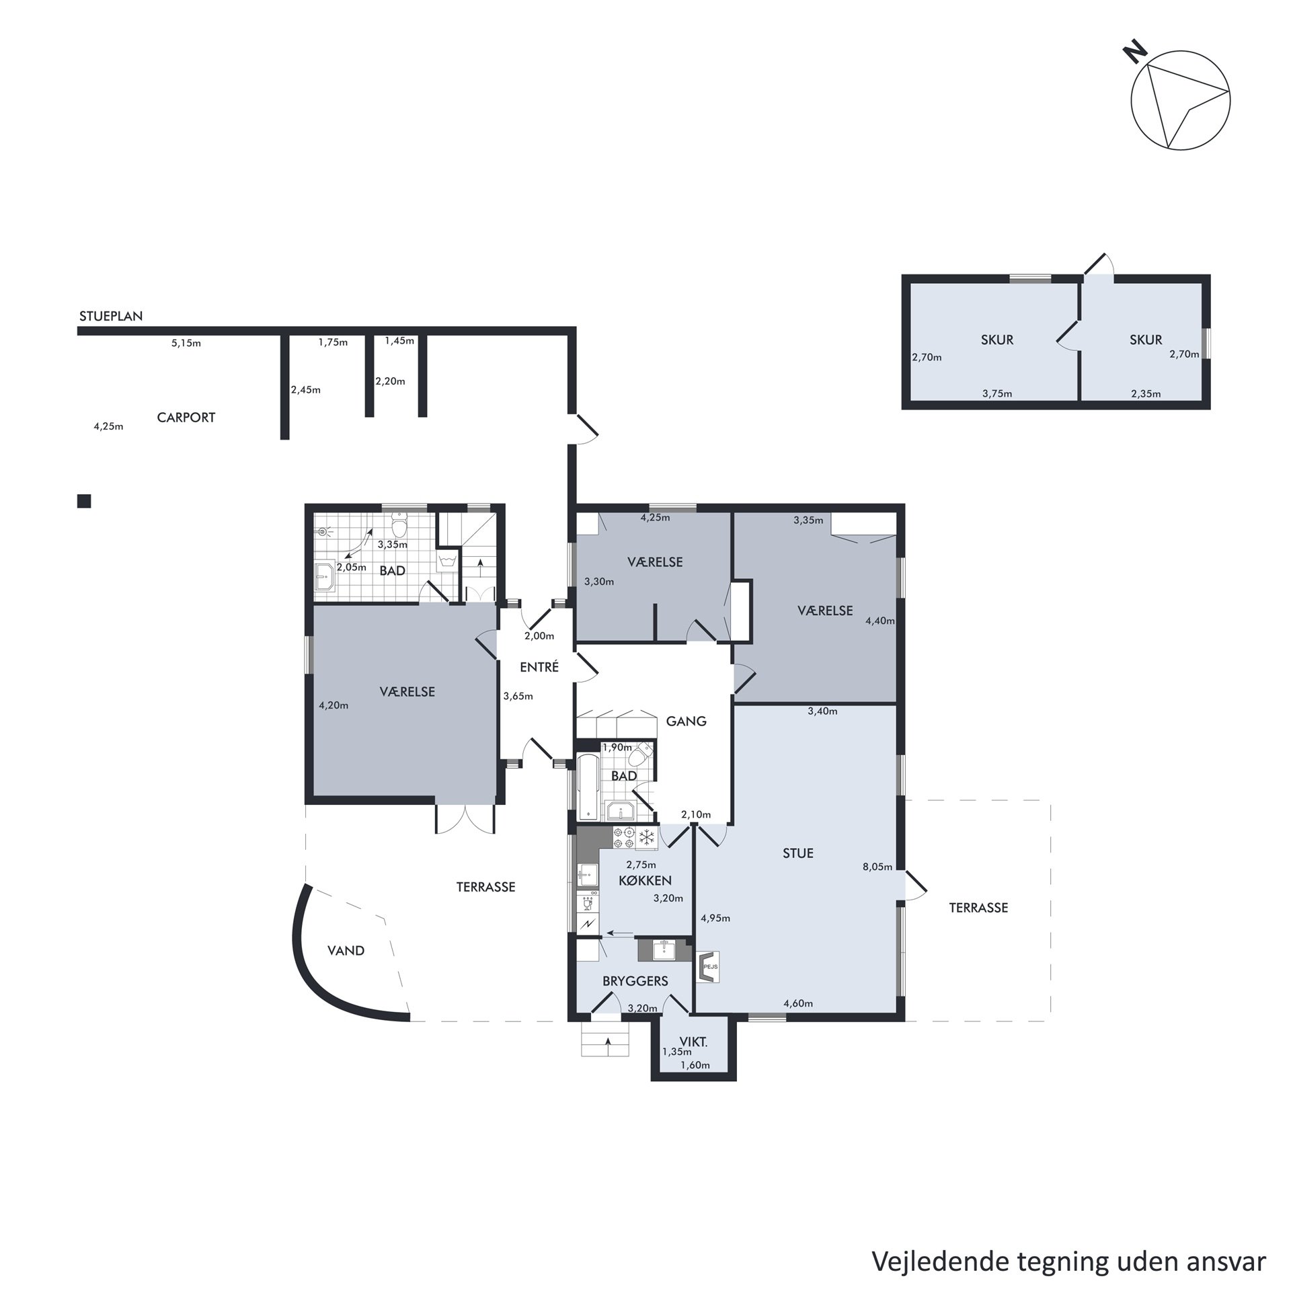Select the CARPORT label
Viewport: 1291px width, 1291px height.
(186, 418)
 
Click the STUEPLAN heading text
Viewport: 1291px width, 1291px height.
(111, 316)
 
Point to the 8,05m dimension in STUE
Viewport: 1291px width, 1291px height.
(877, 867)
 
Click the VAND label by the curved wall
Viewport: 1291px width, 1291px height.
(346, 951)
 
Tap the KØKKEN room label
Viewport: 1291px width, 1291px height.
(645, 880)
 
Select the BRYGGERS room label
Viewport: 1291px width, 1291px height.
(635, 981)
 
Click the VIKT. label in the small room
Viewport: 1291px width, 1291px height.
(693, 1042)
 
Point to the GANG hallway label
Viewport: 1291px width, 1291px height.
(686, 721)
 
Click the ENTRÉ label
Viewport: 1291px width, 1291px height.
(539, 667)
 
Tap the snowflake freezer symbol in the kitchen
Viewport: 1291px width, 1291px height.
(646, 838)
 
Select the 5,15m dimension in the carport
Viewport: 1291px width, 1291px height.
(186, 343)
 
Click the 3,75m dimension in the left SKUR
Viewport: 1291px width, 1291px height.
(997, 393)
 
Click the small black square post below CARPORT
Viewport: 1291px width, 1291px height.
(84, 501)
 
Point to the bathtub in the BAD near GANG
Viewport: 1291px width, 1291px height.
(588, 787)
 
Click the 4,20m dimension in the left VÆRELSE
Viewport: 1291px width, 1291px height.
(334, 705)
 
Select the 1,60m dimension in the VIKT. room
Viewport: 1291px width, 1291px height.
(695, 1064)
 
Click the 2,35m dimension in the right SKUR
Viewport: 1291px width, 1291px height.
(1146, 393)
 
